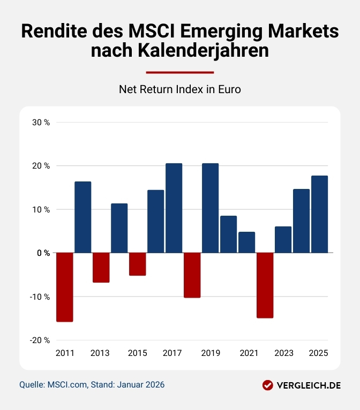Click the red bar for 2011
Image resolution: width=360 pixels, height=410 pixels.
pos(64,287)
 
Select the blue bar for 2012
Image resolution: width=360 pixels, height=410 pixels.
pos(82,217)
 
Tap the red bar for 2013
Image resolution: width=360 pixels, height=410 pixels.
pos(101,267)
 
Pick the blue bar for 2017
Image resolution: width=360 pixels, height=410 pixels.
pos(174,208)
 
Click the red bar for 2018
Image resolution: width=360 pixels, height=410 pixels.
pos(192,275)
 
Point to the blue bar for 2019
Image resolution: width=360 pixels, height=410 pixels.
pos(210,208)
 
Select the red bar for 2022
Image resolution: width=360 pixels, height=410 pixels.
pos(265,285)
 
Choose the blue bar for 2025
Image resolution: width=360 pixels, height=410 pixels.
pos(319,214)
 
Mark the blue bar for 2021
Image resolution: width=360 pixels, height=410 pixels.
pos(246,242)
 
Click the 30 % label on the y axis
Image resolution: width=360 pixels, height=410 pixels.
pos(41,122)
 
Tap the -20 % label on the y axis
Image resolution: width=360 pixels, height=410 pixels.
pos(40,340)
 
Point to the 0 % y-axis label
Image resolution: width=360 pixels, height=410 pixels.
pos(43,253)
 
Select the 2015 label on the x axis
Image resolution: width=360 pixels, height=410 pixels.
pos(137,353)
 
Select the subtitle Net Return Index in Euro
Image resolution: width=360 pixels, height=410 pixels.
pos(180,89)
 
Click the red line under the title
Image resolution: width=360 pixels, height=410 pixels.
pos(180,72)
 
